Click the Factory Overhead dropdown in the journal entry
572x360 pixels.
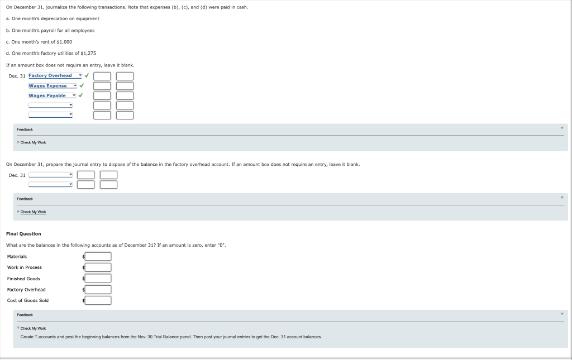click(x=55, y=76)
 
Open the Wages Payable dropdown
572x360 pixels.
click(x=51, y=95)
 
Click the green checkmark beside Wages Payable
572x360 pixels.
click(x=81, y=95)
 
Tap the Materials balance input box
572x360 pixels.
click(x=98, y=257)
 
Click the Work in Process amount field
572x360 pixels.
click(x=98, y=267)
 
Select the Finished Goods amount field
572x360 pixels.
click(x=98, y=279)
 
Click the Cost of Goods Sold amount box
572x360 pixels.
click(x=98, y=300)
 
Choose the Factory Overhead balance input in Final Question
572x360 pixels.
click(x=98, y=290)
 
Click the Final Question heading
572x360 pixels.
click(x=23, y=234)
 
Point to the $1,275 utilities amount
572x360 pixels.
click(x=88, y=53)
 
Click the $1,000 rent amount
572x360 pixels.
click(x=64, y=42)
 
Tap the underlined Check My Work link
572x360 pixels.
click(x=34, y=212)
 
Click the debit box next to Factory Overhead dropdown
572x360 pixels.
click(x=102, y=76)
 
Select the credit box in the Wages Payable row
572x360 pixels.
click(x=125, y=95)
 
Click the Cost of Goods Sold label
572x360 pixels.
click(x=28, y=300)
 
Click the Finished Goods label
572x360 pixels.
click(x=23, y=279)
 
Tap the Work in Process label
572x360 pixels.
click(x=24, y=267)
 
